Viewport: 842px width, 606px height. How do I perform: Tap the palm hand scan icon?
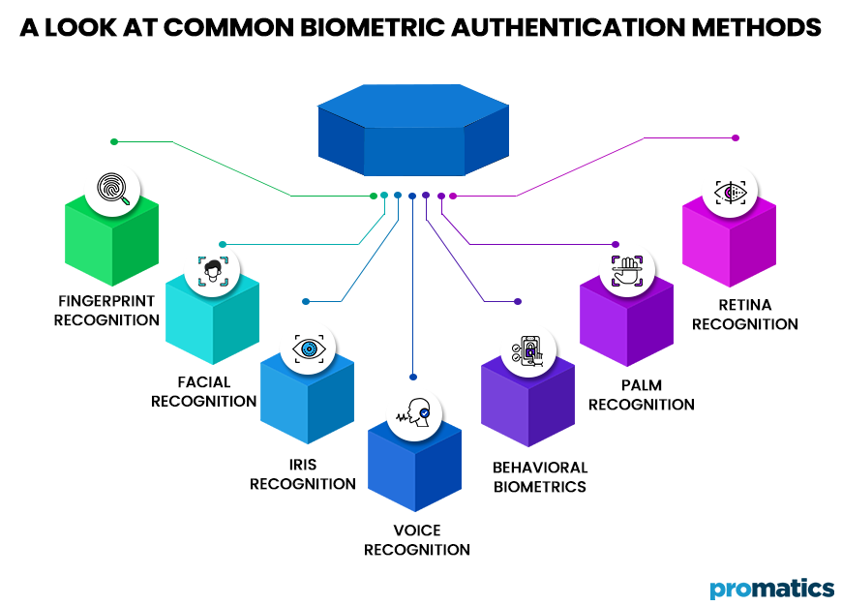627,271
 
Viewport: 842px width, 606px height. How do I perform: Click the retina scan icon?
730,192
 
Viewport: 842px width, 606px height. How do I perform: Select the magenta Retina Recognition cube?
729,242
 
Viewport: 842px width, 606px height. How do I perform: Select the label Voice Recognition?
417,540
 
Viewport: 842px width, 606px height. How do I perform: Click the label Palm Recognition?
641,395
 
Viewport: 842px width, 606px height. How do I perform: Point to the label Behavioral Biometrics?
539,477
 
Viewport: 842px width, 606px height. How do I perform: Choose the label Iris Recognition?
302,474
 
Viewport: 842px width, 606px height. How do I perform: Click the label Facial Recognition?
203,392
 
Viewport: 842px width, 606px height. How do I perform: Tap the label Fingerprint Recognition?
106,311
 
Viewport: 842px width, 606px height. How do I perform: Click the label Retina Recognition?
744,315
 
